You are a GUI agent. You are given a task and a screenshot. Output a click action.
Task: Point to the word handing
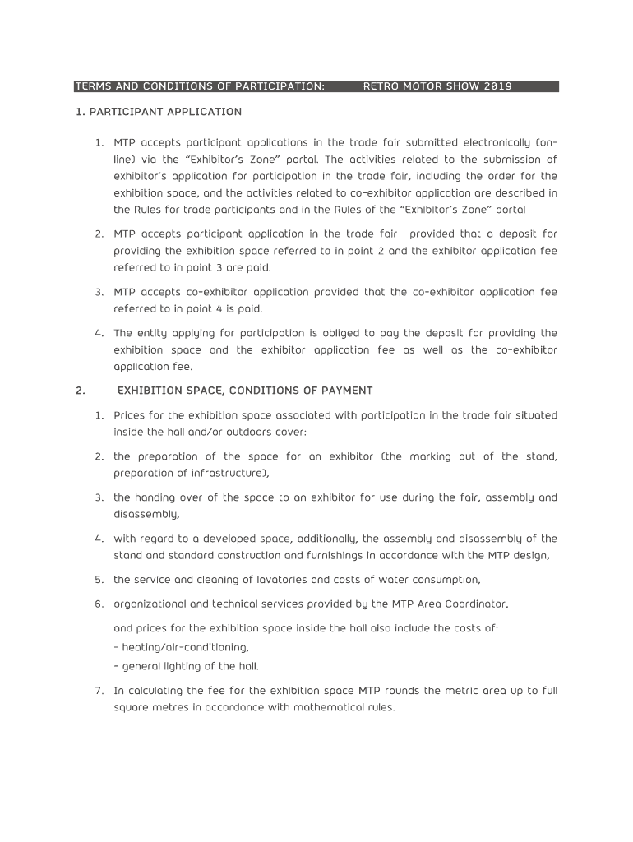(x=155, y=497)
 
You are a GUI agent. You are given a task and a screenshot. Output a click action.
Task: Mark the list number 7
(x=98, y=691)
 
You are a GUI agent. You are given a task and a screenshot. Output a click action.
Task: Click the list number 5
(x=98, y=580)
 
